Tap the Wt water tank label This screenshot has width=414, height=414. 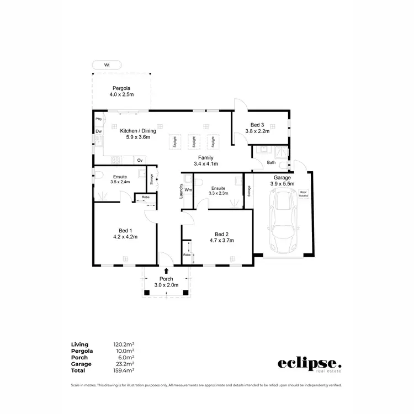pyautogui.click(x=107, y=65)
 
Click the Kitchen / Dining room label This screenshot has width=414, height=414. pyautogui.click(x=138, y=134)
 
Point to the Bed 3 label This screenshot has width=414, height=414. pyautogui.click(x=257, y=128)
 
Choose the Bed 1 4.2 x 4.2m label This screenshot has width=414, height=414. pyautogui.click(x=125, y=233)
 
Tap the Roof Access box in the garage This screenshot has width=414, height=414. pyautogui.click(x=304, y=194)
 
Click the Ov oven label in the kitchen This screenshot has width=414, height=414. pyautogui.click(x=140, y=160)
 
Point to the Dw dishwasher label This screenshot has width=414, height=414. pyautogui.click(x=99, y=131)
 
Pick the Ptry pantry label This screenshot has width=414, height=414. pyautogui.click(x=99, y=119)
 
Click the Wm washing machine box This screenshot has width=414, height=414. pyautogui.click(x=188, y=190)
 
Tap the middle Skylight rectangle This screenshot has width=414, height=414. pyautogui.click(x=194, y=141)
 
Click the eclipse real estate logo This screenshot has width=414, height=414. pyautogui.click(x=309, y=364)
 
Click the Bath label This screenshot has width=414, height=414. pyautogui.click(x=271, y=163)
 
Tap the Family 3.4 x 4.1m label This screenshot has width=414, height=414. pyautogui.click(x=206, y=161)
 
